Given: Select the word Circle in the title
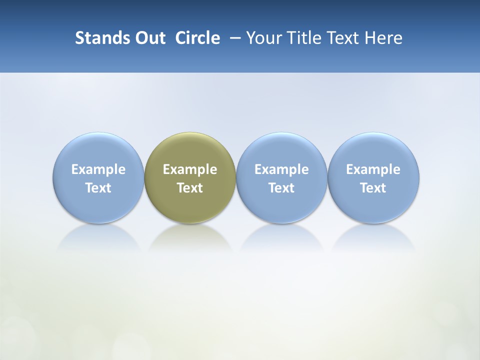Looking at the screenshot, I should [197, 38].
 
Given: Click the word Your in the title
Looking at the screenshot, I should [262, 38].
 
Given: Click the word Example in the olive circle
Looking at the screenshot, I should [190, 169].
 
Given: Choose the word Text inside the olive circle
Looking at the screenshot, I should [190, 188].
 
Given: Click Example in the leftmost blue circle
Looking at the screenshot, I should [98, 169].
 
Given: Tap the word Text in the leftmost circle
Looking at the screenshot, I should [98, 188].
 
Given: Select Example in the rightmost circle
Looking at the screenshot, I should [373, 169].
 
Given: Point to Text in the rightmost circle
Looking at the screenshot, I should [373, 188].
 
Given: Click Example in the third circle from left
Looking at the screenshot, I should [281, 169].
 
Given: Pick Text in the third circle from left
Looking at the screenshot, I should [281, 188].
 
